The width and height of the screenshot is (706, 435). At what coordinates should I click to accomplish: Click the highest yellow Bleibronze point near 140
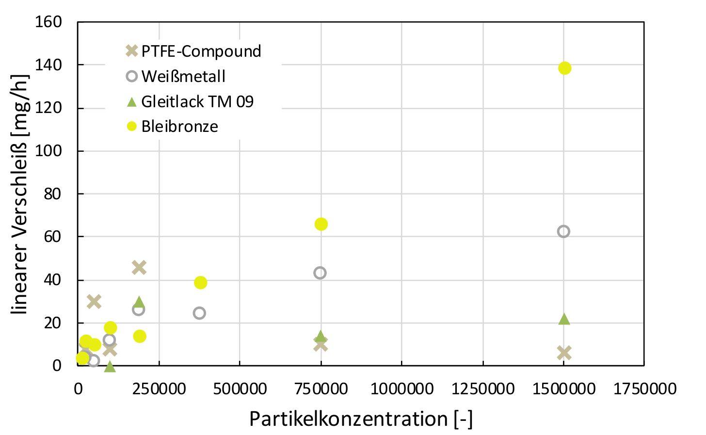point(564,68)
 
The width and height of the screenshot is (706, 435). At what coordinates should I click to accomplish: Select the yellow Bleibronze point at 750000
point(321,224)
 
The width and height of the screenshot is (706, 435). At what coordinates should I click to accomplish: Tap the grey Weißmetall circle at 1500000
point(563,232)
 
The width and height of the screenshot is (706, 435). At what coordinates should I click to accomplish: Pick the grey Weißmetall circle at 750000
point(320,273)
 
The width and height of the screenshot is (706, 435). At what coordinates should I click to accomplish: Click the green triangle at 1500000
point(564,320)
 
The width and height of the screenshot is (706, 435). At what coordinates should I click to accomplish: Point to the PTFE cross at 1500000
point(564,353)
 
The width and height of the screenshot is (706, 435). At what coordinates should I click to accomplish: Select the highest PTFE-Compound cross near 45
point(139,268)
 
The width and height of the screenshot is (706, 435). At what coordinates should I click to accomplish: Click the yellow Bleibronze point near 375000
point(200,282)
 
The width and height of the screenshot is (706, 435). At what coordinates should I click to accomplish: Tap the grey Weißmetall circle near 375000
point(199,313)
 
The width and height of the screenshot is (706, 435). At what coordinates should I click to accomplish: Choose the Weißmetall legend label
point(183,76)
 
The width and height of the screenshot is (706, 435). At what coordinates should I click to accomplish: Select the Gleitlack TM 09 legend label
point(197,101)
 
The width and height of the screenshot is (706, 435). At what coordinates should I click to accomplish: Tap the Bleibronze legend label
point(179,127)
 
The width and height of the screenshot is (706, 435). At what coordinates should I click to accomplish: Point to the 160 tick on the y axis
point(48,22)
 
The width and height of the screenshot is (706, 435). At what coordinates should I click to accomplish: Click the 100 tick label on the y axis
point(48,151)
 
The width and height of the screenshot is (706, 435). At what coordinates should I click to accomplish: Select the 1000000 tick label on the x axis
point(402,388)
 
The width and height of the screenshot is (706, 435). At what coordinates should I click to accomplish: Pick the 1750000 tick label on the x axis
point(644,388)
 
